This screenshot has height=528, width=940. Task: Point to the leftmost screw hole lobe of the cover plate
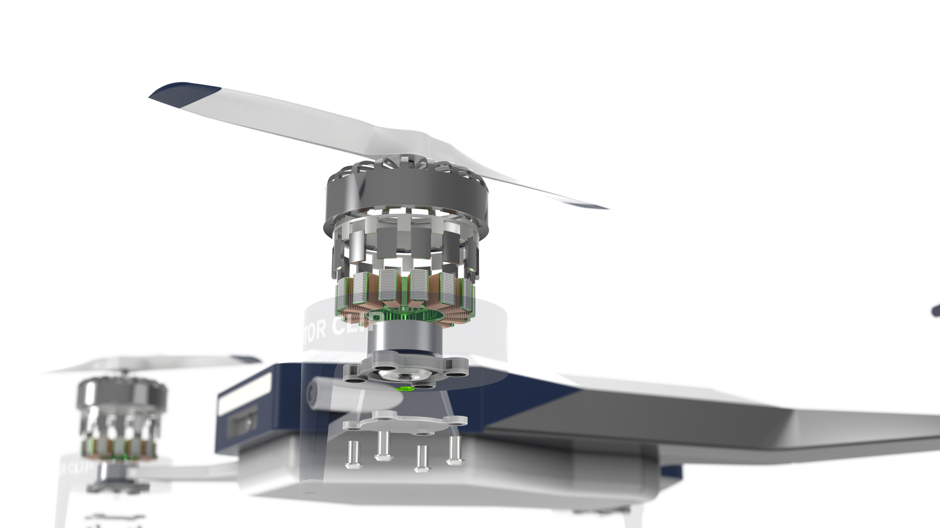pyautogui.click(x=352, y=425)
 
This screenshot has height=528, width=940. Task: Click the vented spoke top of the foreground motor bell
pyautogui.click(x=404, y=167)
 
